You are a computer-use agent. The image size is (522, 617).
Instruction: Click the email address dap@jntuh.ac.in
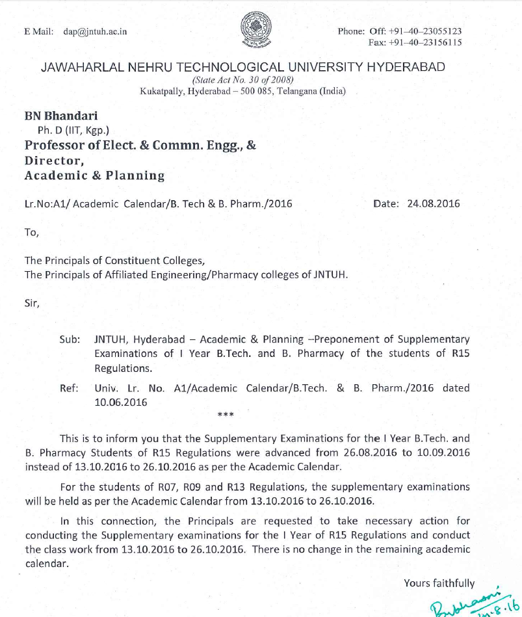95,31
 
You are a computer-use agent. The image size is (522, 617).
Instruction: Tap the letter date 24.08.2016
433,203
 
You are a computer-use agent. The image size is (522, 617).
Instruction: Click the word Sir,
33,304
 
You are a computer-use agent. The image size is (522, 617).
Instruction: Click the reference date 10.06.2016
121,402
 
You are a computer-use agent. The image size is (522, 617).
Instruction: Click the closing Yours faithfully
439,583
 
